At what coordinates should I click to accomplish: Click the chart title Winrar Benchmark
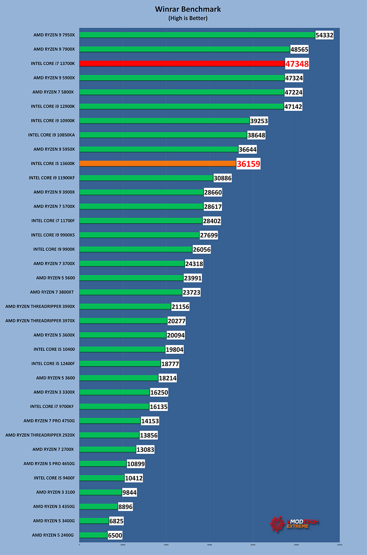(x=188, y=9)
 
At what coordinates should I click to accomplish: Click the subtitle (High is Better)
(x=188, y=18)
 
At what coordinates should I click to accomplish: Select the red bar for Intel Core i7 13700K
(x=182, y=63)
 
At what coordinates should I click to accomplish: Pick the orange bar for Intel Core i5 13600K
(x=158, y=163)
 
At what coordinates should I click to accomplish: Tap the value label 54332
(x=324, y=35)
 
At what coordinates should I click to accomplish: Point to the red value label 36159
(x=248, y=164)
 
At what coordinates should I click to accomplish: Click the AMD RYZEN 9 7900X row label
(x=54, y=49)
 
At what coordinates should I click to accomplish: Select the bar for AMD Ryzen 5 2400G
(x=93, y=535)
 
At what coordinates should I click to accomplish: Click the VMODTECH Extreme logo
(x=294, y=523)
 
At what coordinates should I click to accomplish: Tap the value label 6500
(x=115, y=535)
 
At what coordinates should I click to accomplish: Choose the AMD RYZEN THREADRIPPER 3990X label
(x=40, y=306)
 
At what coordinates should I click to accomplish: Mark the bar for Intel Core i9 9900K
(x=136, y=249)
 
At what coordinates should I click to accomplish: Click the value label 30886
(x=223, y=178)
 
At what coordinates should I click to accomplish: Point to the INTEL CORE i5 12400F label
(x=53, y=363)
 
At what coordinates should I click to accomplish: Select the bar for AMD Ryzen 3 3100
(x=101, y=492)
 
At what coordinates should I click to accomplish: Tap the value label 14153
(x=150, y=421)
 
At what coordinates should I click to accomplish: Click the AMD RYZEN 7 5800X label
(x=53, y=92)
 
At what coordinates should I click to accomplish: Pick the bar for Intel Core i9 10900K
(x=164, y=120)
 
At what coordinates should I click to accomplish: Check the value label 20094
(x=176, y=335)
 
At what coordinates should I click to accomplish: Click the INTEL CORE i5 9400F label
(x=54, y=478)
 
